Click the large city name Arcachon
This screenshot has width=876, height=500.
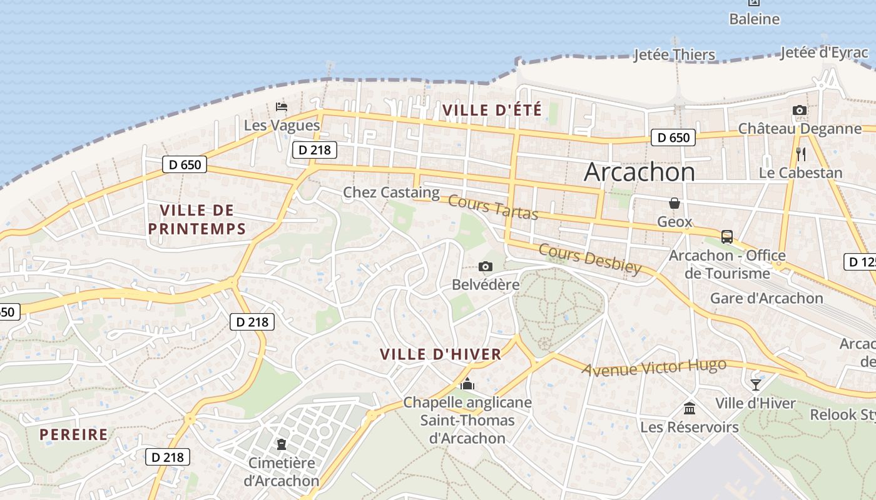[x=639, y=172]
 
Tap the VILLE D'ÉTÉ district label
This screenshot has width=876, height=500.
[x=492, y=110]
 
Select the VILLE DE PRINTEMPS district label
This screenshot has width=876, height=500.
[x=197, y=219]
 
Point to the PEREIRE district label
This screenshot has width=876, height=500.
[x=74, y=434]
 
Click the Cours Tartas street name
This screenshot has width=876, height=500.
[x=493, y=208]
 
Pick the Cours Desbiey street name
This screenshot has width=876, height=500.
[x=590, y=259]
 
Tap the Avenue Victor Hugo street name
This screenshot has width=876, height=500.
[x=654, y=367]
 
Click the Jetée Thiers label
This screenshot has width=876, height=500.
[x=674, y=55]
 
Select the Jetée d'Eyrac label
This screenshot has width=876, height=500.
[x=824, y=53]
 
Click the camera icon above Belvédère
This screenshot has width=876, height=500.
[x=485, y=267]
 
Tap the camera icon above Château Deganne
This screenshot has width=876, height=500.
[x=799, y=111]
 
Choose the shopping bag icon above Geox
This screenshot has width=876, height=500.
[x=675, y=203]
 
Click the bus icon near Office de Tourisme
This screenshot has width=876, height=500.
[x=726, y=237]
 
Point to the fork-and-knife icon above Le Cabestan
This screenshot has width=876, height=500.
[x=800, y=154]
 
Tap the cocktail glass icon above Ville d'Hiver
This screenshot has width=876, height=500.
[x=756, y=384]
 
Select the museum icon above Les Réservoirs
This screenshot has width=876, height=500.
[x=690, y=408]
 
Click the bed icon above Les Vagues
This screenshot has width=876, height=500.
[x=282, y=107]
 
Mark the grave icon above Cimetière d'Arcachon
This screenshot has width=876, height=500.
[x=282, y=444]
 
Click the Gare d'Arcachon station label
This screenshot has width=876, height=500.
[x=766, y=298]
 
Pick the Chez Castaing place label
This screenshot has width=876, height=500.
[x=391, y=192]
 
